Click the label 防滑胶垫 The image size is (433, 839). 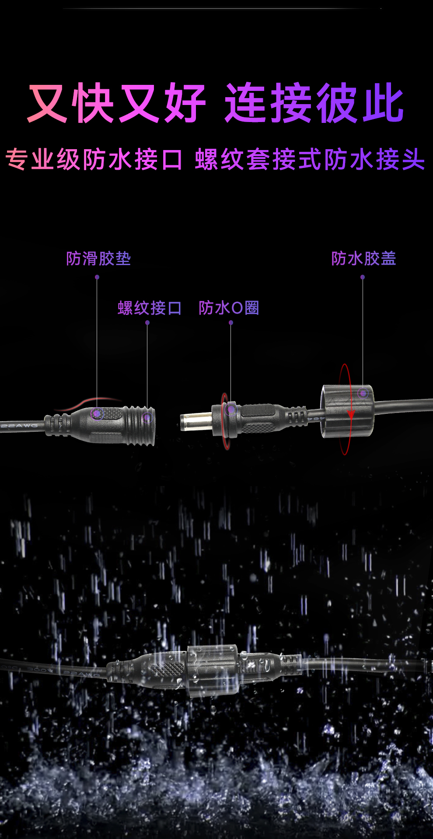click(x=98, y=259)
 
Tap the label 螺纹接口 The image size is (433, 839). click(x=149, y=308)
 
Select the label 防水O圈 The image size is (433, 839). click(x=229, y=308)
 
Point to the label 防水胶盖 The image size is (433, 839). click(x=363, y=259)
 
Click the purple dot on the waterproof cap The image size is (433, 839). click(x=363, y=393)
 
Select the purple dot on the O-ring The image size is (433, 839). click(x=231, y=410)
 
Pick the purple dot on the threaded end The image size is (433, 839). click(x=147, y=417)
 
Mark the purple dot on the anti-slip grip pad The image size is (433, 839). click(x=97, y=413)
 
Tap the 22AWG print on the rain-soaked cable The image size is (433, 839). click(x=81, y=674)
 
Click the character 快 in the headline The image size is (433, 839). click(x=94, y=103)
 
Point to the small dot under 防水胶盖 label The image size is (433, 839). click(x=363, y=277)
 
